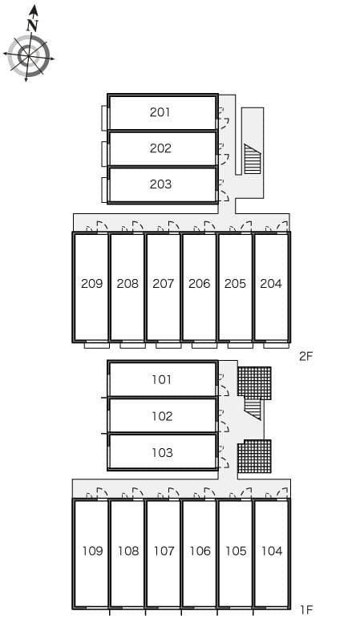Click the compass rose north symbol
coord(28,55)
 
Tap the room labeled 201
coord(160,112)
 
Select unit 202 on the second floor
coord(160,148)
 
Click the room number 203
coord(160,184)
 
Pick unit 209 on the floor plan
coord(91,284)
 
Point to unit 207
coord(163,284)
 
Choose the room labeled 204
coord(271,284)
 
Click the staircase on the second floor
coord(253,159)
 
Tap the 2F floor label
coord(305,356)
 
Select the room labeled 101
coord(162,380)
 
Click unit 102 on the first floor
coord(162,416)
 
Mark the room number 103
coord(162,452)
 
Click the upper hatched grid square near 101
coord(254,382)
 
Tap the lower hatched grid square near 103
coord(254,456)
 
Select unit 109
coord(91,551)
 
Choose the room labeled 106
coord(200,551)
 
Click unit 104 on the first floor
coord(272,551)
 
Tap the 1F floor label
coord(305,609)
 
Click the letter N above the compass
coord(32,25)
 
